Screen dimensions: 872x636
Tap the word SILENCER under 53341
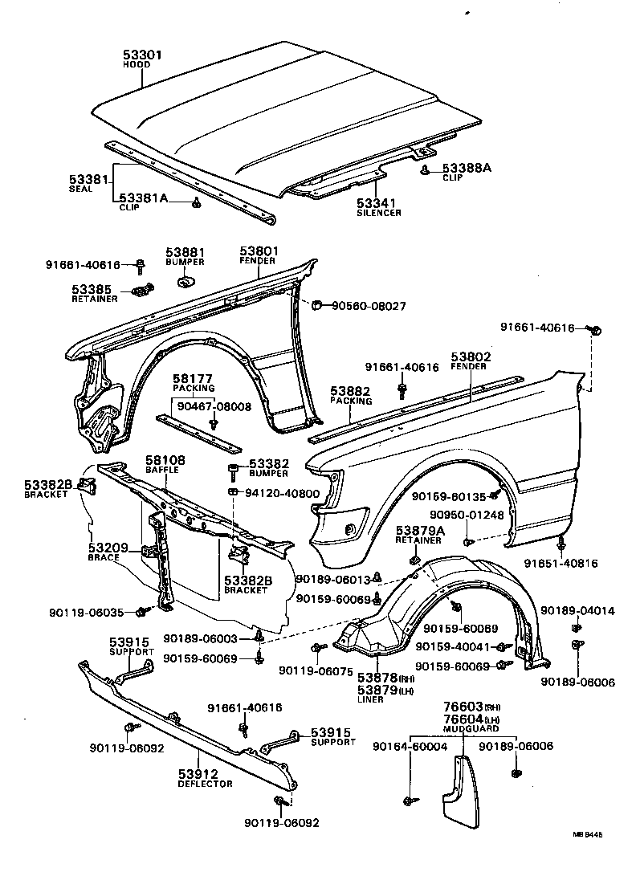(x=379, y=213)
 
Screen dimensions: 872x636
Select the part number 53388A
(x=466, y=168)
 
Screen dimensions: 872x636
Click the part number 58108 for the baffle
(x=165, y=462)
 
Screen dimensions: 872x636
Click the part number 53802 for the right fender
(x=471, y=357)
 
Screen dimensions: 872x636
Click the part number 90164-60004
(x=410, y=747)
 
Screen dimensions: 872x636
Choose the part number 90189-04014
(x=577, y=611)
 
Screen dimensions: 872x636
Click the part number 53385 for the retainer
(x=92, y=289)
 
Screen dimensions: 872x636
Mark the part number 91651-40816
(x=561, y=564)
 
